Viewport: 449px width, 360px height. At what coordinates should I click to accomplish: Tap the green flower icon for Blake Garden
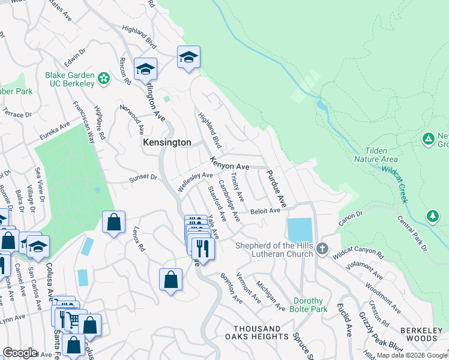(x=104, y=78)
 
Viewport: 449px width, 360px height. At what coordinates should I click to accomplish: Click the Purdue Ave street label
(x=274, y=186)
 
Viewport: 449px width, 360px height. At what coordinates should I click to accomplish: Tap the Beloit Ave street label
(x=265, y=211)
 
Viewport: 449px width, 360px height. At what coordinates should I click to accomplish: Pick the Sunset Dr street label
(x=143, y=178)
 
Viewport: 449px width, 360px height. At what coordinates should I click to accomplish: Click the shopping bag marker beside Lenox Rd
(x=113, y=223)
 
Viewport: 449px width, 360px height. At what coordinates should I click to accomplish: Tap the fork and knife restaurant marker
(x=202, y=247)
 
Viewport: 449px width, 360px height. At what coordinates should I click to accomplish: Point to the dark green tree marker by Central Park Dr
(x=433, y=215)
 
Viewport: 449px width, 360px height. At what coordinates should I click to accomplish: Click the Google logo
(x=20, y=353)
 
